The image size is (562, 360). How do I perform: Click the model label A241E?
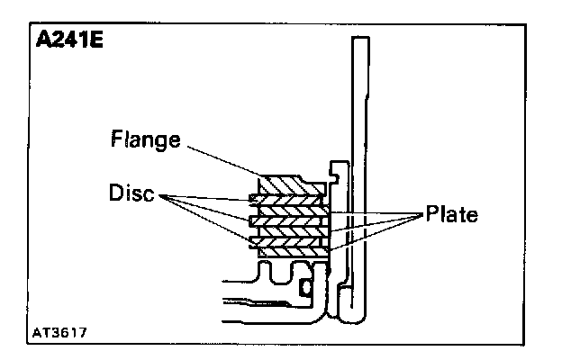point(68,42)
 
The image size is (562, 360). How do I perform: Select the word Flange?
point(146,139)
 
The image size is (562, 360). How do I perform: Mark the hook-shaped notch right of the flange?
point(337,169)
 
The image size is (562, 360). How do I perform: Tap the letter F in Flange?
point(116,139)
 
